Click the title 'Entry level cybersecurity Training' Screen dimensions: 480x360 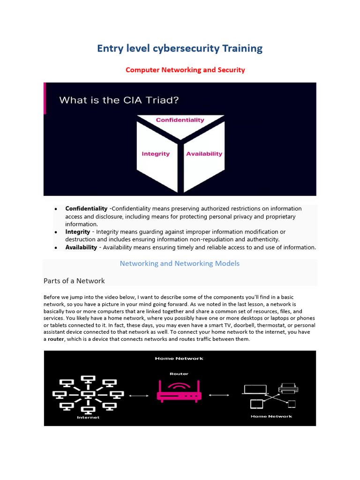click(x=180, y=48)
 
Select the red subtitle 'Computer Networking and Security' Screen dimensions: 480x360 click(x=185, y=70)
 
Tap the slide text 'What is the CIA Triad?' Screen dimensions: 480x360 click(x=119, y=100)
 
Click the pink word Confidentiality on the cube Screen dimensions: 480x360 click(x=180, y=120)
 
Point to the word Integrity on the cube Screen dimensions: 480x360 click(x=156, y=154)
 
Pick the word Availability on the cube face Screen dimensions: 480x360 click(x=204, y=154)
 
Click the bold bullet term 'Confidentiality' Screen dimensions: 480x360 click(x=86, y=209)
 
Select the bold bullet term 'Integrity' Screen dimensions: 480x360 click(x=77, y=232)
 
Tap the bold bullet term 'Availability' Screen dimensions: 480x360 click(x=81, y=247)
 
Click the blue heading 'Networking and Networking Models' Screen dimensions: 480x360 click(x=180, y=263)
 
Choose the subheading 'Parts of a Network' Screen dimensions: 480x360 click(x=74, y=281)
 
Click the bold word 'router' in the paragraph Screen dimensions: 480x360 click(x=56, y=339)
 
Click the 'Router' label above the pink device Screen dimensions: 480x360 click(x=179, y=374)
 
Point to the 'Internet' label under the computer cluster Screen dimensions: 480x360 click(x=88, y=417)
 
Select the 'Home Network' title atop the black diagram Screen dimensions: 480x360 click(x=180, y=359)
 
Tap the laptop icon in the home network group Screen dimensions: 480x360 click(x=255, y=389)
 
